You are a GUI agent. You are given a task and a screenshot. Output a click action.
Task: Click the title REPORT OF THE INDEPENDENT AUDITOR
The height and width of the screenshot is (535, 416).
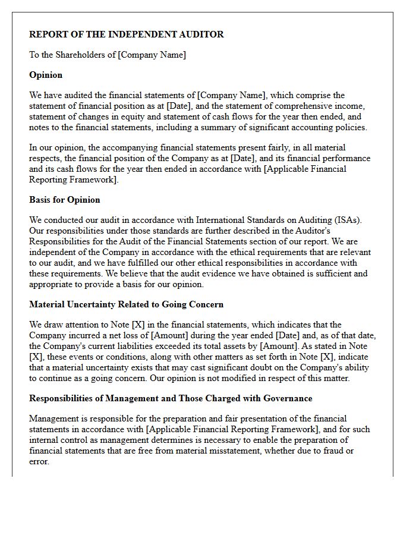pos(127,34)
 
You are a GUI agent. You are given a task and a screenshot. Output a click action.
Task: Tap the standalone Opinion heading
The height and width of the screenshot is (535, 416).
pos(46,75)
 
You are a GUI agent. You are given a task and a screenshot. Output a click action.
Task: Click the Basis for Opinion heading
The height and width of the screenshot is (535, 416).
pos(65,200)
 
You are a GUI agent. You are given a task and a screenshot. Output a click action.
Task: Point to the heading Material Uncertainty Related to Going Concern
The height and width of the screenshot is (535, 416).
pos(127,304)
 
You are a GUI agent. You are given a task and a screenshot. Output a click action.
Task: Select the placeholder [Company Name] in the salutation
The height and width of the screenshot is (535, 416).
pos(152,55)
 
